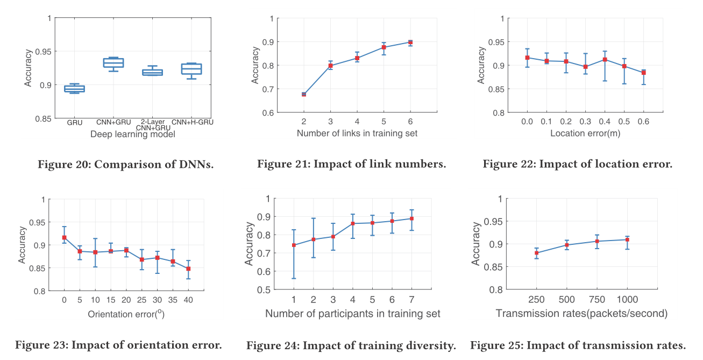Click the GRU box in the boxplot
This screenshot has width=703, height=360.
(74, 89)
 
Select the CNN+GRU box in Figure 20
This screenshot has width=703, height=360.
(113, 63)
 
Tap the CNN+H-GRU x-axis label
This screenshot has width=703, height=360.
(193, 122)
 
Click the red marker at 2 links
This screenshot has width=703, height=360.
(304, 94)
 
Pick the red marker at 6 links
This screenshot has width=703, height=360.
(410, 42)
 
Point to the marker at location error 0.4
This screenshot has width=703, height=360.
(605, 59)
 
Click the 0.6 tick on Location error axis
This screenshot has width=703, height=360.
(643, 122)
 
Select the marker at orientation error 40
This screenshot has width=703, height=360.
(188, 269)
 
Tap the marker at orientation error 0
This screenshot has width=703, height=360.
(64, 237)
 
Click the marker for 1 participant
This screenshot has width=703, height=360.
(294, 245)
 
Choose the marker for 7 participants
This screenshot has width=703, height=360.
(411, 218)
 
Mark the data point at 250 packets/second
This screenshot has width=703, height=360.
(537, 253)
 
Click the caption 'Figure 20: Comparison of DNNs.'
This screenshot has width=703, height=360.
(125, 164)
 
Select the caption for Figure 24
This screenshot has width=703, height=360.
(351, 345)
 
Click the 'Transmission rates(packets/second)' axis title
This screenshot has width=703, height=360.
(581, 313)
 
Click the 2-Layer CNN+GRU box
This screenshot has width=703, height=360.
(152, 72)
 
